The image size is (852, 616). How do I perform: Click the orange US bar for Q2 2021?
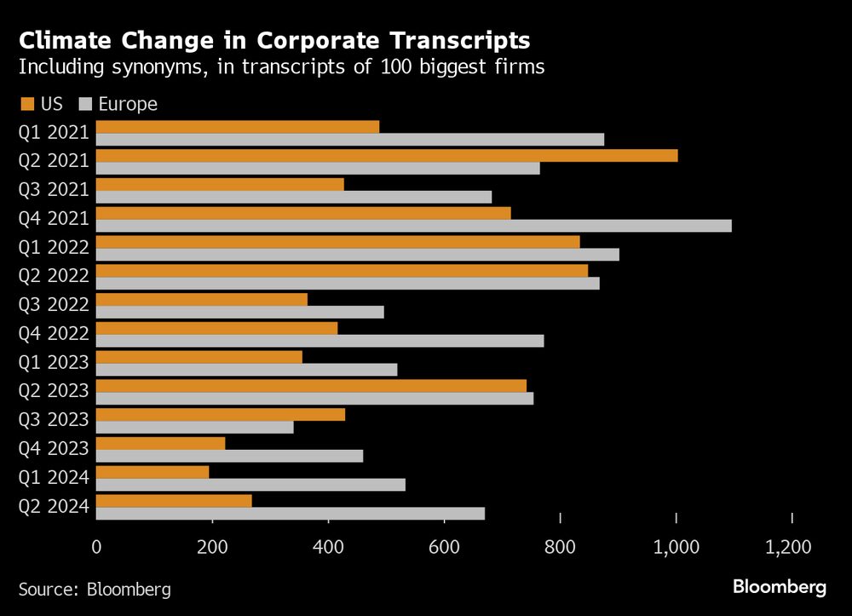pyautogui.click(x=387, y=155)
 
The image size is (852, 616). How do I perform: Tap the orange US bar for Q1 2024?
pyautogui.click(x=153, y=472)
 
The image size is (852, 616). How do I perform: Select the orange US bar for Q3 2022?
pyautogui.click(x=202, y=299)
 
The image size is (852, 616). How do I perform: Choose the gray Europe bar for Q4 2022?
pyautogui.click(x=319, y=341)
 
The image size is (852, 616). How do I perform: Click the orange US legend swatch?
pyautogui.click(x=26, y=104)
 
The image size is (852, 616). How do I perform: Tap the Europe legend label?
pyautogui.click(x=128, y=104)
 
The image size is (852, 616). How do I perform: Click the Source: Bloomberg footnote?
pyautogui.click(x=95, y=589)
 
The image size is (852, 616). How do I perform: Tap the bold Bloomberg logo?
pyautogui.click(x=779, y=587)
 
